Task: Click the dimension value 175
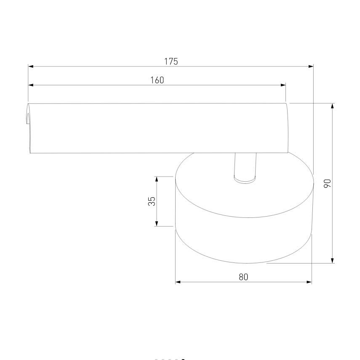click(171, 61)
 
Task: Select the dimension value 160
click(157, 80)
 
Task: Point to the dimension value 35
click(152, 201)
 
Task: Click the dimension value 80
click(243, 277)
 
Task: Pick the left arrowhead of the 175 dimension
click(30, 66)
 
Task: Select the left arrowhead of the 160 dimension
click(31, 85)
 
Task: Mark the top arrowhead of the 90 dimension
click(333, 106)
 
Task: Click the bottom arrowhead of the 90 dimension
click(333, 261)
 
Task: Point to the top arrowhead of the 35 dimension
click(157, 179)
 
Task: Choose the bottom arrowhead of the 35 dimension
click(157, 224)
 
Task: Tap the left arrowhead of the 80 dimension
click(178, 282)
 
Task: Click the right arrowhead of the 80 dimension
click(309, 282)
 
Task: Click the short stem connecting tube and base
click(245, 166)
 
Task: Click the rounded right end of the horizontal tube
click(287, 128)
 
